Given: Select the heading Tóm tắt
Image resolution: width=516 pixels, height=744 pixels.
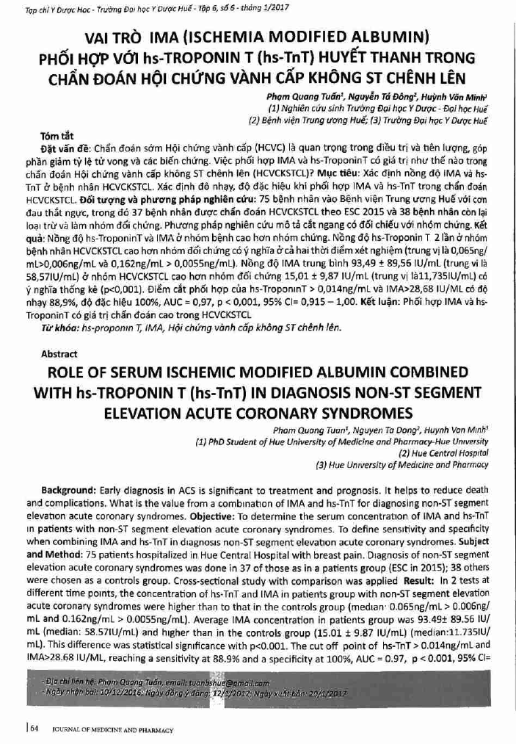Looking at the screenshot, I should coord(57,137).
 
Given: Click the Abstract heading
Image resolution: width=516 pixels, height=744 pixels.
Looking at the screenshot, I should coord(60,353).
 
